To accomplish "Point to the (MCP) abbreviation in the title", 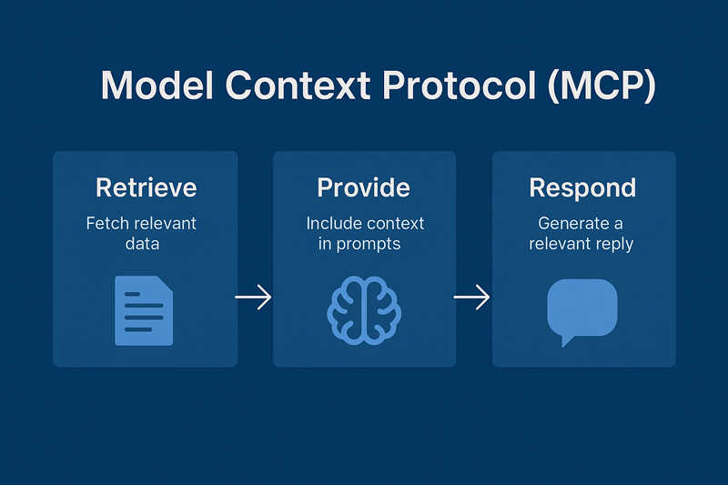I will [600, 86].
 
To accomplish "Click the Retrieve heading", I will [146, 188].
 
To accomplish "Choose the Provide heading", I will [364, 188].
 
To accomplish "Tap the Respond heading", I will [582, 188].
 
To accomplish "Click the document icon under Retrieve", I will [144, 311].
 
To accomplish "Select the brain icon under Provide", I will [364, 309].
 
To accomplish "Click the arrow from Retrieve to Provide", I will [254, 297].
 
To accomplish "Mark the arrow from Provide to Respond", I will [473, 297].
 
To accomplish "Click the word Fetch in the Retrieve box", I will [107, 223].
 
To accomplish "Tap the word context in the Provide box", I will [393, 223].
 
